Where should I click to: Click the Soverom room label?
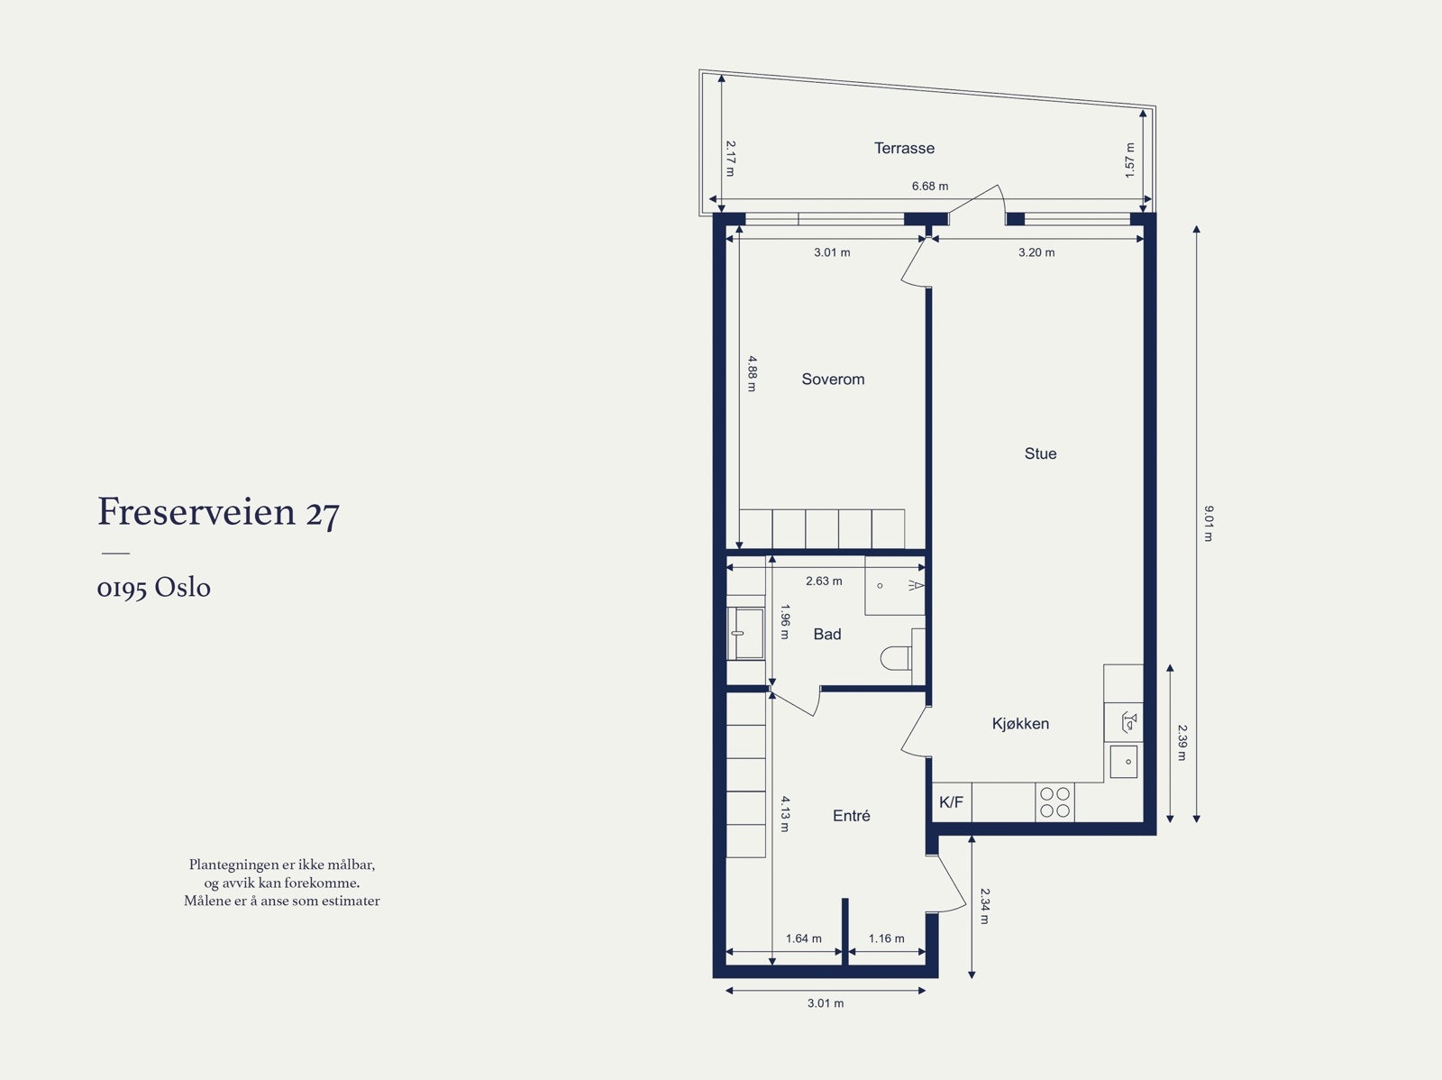[x=833, y=380]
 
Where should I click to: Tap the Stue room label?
[x=1040, y=453]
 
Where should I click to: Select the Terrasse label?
[x=904, y=148]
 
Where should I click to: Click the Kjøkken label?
[x=1020, y=723]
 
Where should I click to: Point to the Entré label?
[x=851, y=815]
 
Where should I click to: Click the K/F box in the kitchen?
[x=951, y=802]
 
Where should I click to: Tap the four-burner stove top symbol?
[x=1054, y=802]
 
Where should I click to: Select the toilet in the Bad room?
[x=895, y=658]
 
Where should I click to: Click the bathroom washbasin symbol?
[x=746, y=633]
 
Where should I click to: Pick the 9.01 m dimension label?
[x=1209, y=523]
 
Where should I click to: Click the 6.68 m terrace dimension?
[x=929, y=187]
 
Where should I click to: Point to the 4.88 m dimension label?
[x=752, y=373]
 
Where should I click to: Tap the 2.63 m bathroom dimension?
[x=824, y=581]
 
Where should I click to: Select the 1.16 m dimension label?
[x=886, y=938]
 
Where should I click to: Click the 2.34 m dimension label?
[x=985, y=906]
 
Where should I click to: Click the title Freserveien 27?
[x=218, y=512]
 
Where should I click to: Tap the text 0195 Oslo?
[x=153, y=588]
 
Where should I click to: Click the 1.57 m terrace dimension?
[x=1129, y=160]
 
